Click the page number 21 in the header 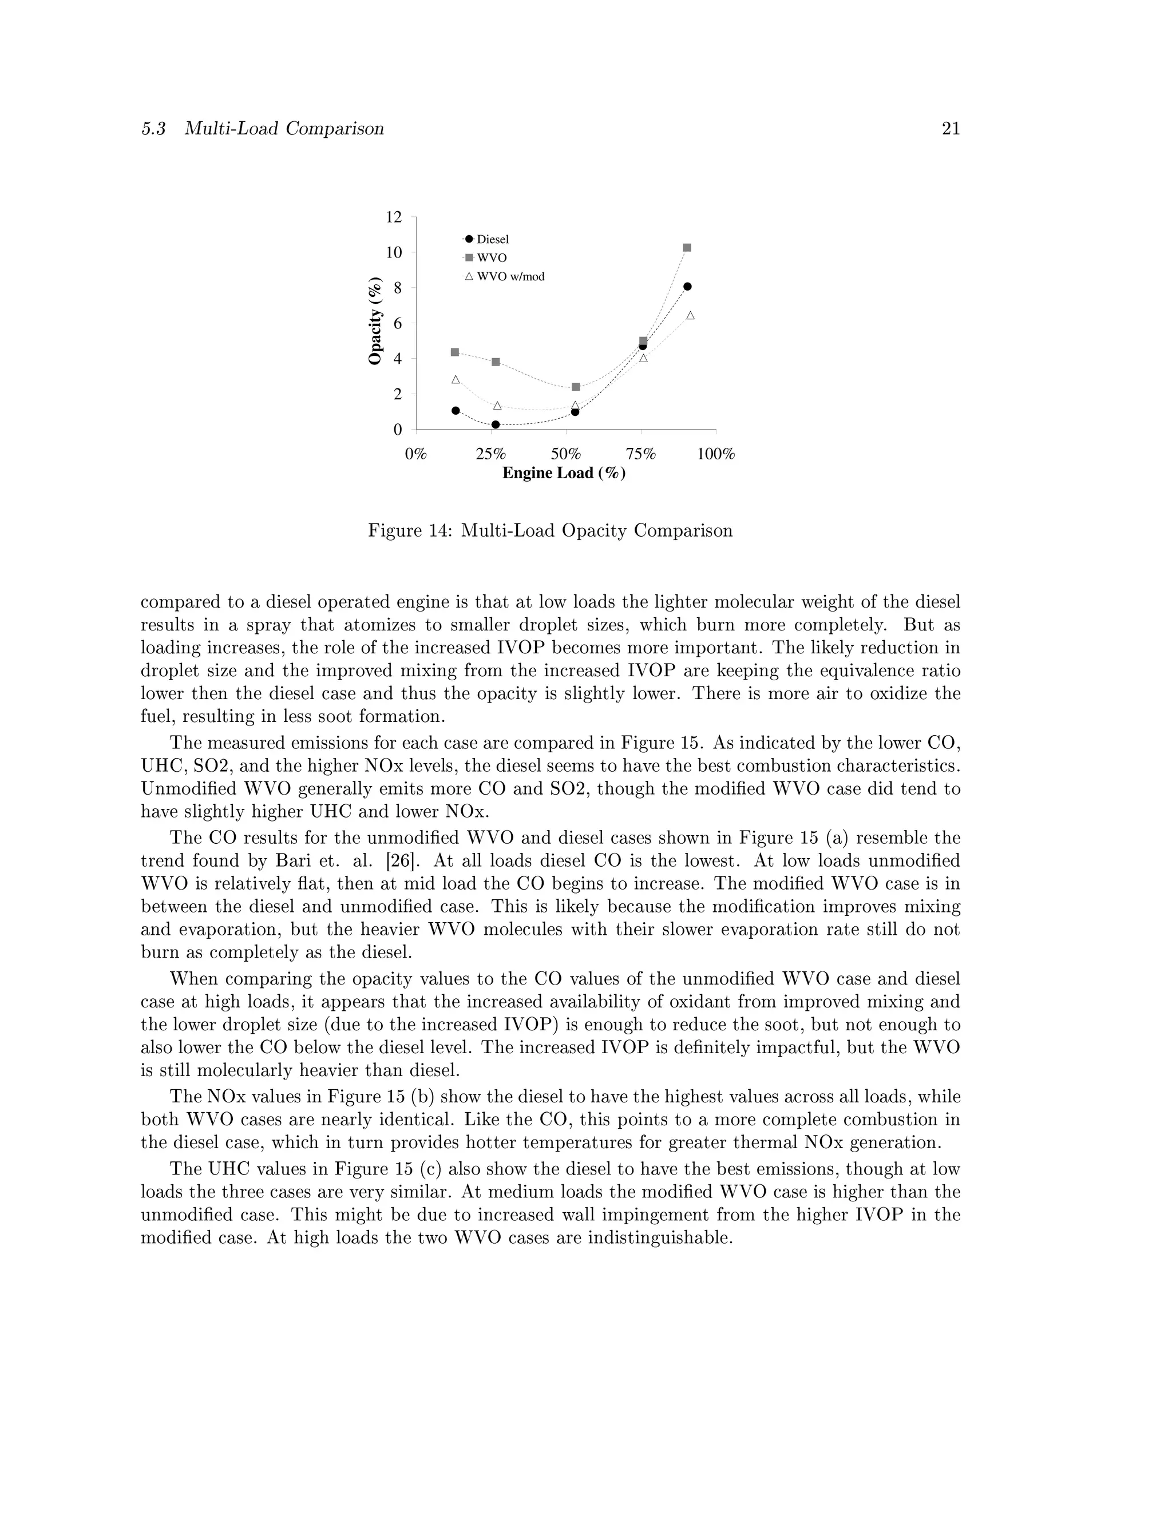[x=951, y=129]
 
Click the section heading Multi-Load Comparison [x=284, y=129]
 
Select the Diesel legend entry [x=492, y=240]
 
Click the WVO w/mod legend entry [x=510, y=277]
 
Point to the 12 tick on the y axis [x=394, y=217]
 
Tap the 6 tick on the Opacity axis [x=397, y=323]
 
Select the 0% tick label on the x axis [x=416, y=455]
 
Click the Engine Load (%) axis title [x=564, y=474]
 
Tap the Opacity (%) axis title [x=375, y=321]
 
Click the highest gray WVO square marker [x=687, y=248]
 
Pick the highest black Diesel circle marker [x=687, y=287]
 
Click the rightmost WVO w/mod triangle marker [x=690, y=316]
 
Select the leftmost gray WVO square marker [x=455, y=352]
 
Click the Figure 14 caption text [x=550, y=531]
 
